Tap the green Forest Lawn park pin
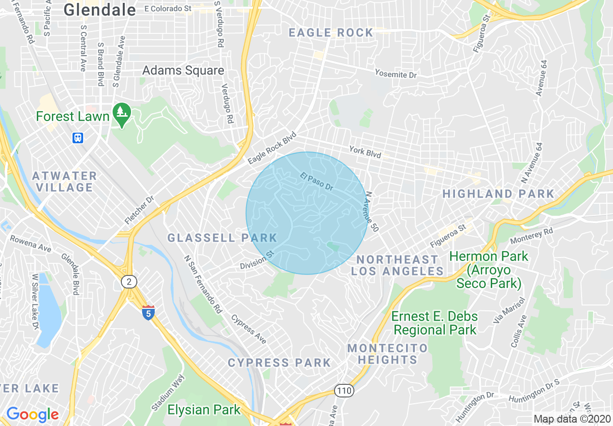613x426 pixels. [121, 113]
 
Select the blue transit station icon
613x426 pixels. [78, 138]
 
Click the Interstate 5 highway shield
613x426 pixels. [148, 313]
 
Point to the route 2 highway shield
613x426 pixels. [129, 282]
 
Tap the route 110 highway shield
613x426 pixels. [344, 390]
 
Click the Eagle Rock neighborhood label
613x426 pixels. [331, 33]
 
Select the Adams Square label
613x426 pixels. [183, 71]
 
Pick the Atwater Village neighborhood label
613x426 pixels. [65, 182]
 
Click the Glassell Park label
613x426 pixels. [222, 238]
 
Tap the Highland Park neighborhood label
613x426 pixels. [498, 194]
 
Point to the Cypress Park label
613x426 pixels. [279, 363]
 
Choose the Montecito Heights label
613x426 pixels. [387, 354]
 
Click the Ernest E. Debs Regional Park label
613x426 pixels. [434, 323]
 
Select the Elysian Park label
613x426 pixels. [204, 410]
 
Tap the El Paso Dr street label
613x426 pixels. [317, 182]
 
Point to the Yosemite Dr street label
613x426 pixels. [395, 74]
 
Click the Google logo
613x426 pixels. [32, 414]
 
